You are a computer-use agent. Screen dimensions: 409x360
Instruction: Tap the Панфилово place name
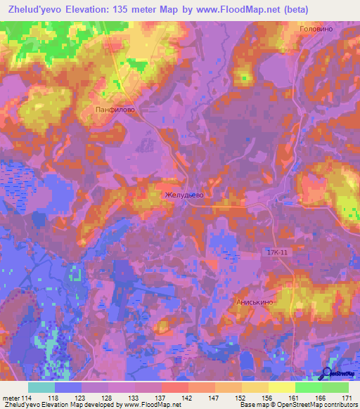114,110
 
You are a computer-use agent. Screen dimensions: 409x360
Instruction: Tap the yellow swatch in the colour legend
281,387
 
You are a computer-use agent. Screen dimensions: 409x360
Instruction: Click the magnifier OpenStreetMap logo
328,375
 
